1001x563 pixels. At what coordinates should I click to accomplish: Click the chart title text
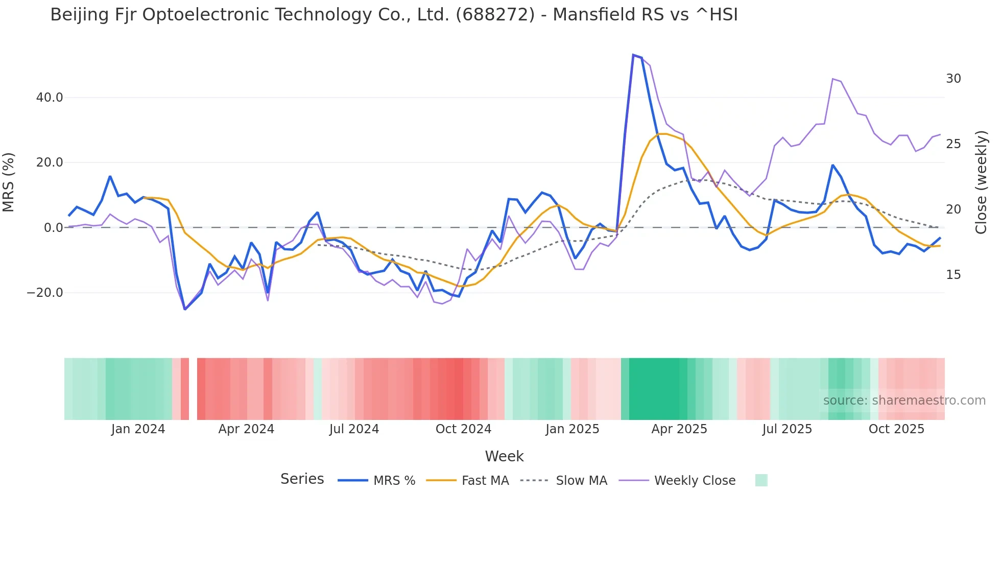pyautogui.click(x=394, y=15)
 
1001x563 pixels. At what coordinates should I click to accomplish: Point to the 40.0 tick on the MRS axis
pyautogui.click(x=50, y=97)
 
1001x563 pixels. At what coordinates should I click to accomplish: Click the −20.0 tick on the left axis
pyautogui.click(x=45, y=293)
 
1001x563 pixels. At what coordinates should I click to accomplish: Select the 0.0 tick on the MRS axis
pyautogui.click(x=54, y=227)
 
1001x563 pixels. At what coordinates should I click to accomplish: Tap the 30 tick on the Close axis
pyautogui.click(x=954, y=79)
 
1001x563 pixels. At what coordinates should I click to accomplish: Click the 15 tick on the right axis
pyautogui.click(x=954, y=275)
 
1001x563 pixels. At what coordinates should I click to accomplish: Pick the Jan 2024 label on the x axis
pyautogui.click(x=138, y=429)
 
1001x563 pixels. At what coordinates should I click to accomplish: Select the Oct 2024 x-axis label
pyautogui.click(x=463, y=429)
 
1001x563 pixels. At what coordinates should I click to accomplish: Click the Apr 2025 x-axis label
pyautogui.click(x=679, y=429)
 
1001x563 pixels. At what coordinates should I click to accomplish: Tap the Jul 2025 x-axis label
pyautogui.click(x=787, y=429)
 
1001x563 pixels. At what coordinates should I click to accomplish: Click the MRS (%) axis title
pyautogui.click(x=9, y=182)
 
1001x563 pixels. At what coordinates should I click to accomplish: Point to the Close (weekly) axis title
pyautogui.click(x=981, y=182)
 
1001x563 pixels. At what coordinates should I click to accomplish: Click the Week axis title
pyautogui.click(x=504, y=456)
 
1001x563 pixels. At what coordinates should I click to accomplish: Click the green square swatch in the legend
pyautogui.click(x=761, y=480)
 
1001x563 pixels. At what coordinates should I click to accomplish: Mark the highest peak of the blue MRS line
pyautogui.click(x=633, y=55)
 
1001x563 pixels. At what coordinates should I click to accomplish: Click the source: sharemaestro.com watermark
pyautogui.click(x=904, y=401)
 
